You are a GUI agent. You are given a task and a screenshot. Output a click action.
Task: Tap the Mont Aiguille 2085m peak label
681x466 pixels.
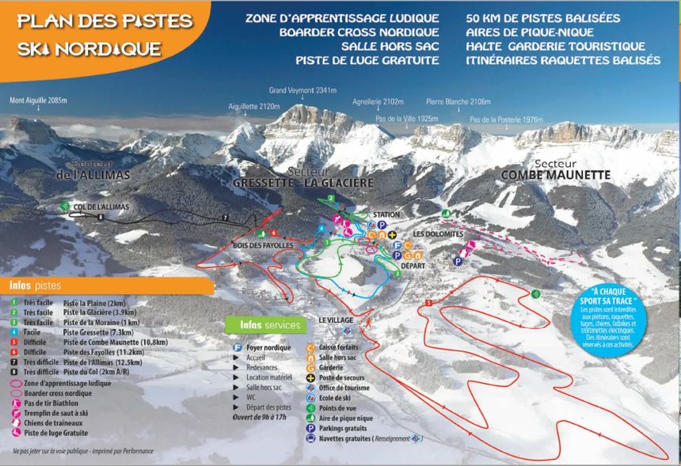point(38,101)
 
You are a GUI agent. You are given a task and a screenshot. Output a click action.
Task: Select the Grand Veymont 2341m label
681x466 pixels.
point(302,90)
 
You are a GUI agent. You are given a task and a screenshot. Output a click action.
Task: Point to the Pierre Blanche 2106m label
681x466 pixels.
point(458,102)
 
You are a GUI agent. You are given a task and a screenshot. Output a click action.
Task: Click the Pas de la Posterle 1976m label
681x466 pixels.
point(506,119)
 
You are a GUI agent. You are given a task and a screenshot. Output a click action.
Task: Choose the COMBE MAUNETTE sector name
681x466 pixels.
point(555,174)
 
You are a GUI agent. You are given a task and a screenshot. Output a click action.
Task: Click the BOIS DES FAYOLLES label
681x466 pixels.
point(264,246)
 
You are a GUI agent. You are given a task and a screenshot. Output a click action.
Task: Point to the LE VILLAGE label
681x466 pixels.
point(337,319)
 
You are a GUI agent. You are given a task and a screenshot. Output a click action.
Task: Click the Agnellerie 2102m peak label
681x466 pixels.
point(379,102)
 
